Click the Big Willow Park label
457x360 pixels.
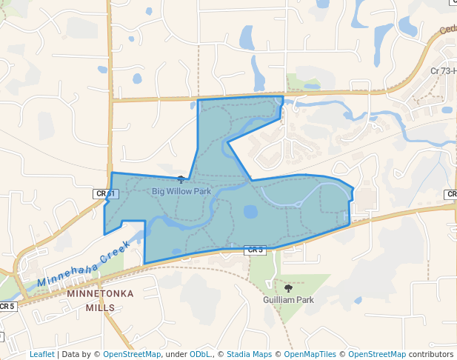click(181, 191)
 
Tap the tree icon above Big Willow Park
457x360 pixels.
click(181, 179)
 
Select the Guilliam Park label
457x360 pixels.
click(289, 300)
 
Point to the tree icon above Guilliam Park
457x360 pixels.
click(288, 287)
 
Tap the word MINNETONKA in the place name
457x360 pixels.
click(100, 293)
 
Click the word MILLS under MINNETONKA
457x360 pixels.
click(100, 307)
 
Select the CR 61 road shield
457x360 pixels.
click(106, 193)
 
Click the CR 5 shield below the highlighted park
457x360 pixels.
click(255, 250)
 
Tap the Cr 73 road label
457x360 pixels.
click(443, 71)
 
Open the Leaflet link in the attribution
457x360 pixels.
click(41, 354)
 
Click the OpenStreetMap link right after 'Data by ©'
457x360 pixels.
click(132, 354)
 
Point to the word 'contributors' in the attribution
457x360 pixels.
click(430, 354)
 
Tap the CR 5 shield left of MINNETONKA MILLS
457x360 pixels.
click(7, 306)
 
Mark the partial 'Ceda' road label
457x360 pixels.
click(447, 30)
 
